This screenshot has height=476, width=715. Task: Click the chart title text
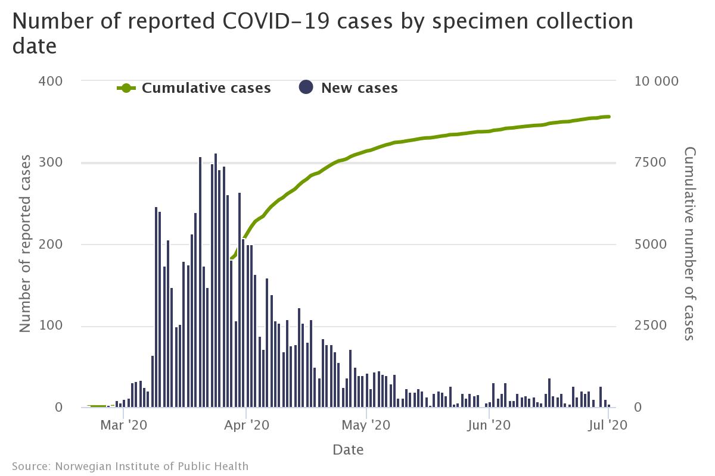point(322,33)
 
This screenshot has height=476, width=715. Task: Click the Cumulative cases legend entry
point(194,88)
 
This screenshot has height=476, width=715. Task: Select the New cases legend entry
point(348,88)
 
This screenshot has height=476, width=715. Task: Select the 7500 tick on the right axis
point(646,162)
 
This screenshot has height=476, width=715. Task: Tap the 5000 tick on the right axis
point(646,245)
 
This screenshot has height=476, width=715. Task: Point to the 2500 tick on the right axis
point(646,326)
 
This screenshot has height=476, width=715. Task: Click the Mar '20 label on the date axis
point(123,425)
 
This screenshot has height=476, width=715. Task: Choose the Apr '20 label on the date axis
point(245,425)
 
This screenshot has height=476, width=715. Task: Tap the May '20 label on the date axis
point(367,425)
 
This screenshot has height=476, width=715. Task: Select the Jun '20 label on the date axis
point(489,425)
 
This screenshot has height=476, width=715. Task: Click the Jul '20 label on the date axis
point(608,425)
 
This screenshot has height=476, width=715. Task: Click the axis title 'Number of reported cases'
point(25,244)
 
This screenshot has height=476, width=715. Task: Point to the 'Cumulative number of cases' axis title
point(689,244)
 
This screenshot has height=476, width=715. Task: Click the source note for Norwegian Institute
point(130,466)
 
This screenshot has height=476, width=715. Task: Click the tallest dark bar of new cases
point(216,280)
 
